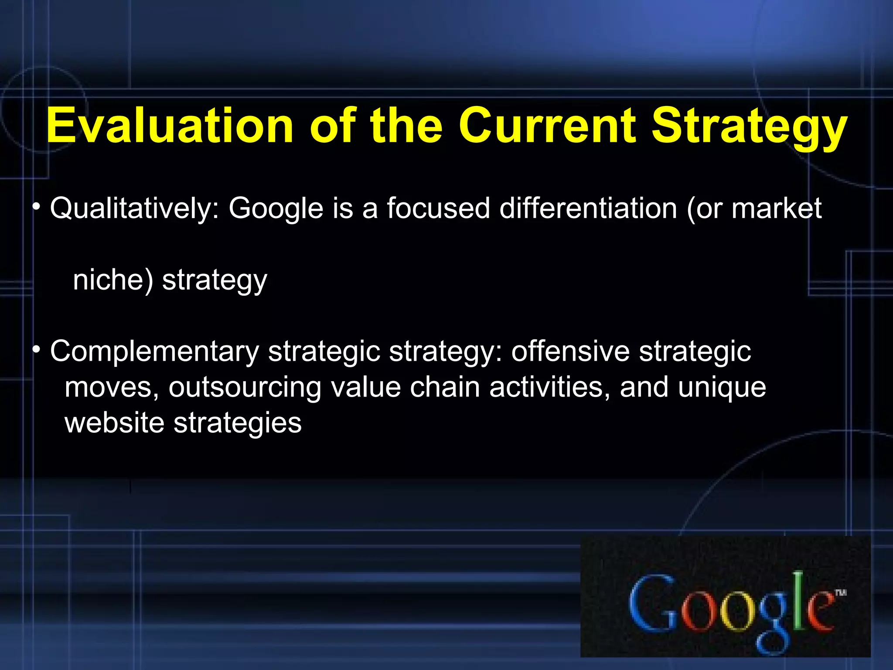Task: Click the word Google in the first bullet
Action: (x=276, y=209)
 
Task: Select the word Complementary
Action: (x=154, y=352)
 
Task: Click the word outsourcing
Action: (x=245, y=387)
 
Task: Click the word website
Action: (x=114, y=423)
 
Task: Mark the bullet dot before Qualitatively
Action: (x=37, y=206)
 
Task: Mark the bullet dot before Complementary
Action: (x=37, y=349)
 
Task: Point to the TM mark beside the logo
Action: (x=841, y=592)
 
